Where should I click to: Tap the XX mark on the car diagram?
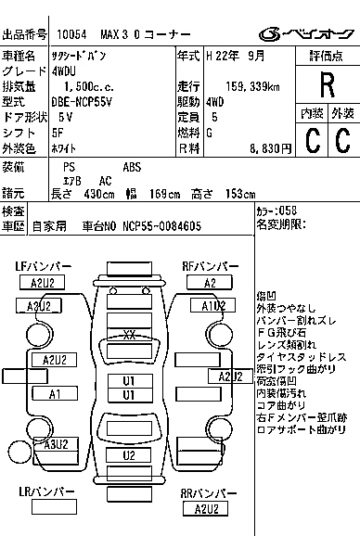pos(130,334)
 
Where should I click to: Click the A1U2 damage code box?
pos(212,305)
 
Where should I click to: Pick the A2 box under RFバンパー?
pos(210,282)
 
